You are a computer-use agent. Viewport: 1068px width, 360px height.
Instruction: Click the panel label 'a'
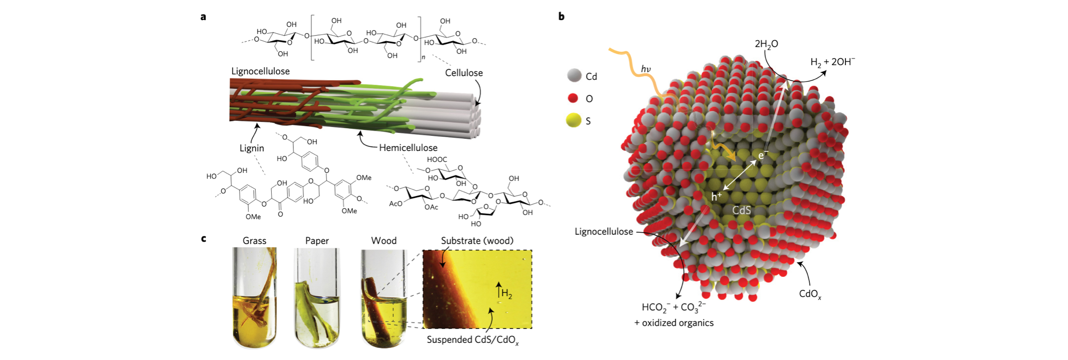tap(203, 17)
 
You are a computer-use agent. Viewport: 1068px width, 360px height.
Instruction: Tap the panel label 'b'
tap(561, 17)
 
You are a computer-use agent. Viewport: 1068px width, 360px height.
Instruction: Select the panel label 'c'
tap(203, 238)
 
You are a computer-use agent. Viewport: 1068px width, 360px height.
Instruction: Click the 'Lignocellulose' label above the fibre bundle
tap(260, 71)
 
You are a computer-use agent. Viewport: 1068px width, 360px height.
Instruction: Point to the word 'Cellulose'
tap(464, 73)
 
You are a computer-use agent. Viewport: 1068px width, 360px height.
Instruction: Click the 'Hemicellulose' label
tap(408, 148)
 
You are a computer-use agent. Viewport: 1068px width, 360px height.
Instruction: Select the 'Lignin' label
tap(252, 148)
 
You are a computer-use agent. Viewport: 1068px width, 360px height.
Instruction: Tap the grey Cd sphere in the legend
tap(574, 76)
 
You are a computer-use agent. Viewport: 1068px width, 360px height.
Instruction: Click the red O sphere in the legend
tap(573, 98)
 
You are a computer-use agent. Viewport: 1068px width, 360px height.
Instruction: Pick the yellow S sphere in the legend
tap(573, 121)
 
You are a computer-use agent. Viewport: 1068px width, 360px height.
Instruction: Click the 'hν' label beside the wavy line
tap(646, 69)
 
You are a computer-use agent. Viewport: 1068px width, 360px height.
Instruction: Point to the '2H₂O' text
tap(766, 44)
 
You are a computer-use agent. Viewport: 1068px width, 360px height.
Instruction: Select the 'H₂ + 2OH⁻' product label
tap(832, 62)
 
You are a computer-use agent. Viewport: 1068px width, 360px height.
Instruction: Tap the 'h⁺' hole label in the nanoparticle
tap(716, 197)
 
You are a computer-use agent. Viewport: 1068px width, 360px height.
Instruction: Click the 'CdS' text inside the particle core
tap(742, 210)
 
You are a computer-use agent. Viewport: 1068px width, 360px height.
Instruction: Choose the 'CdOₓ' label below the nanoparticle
tap(810, 294)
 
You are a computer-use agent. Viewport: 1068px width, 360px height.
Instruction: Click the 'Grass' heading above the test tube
tap(254, 241)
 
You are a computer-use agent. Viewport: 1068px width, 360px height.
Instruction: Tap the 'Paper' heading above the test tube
tap(317, 241)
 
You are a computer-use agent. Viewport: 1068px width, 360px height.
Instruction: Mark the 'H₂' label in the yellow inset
tap(506, 294)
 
